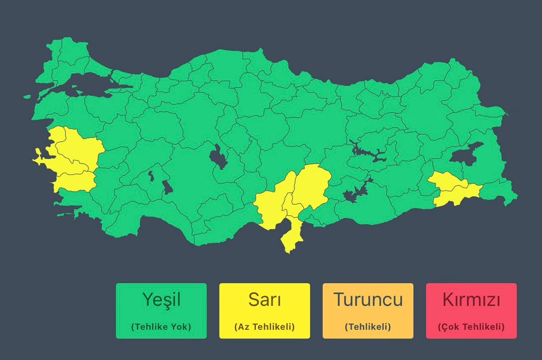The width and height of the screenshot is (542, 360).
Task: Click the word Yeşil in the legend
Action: [x=161, y=300]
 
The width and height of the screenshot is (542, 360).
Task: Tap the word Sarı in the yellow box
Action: [x=264, y=300]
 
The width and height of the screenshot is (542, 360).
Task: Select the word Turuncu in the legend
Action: [x=368, y=300]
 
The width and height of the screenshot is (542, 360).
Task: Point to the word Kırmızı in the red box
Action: [x=471, y=300]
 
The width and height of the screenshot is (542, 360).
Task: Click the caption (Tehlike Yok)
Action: [x=161, y=327]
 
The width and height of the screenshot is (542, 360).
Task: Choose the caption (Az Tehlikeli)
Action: [x=264, y=327]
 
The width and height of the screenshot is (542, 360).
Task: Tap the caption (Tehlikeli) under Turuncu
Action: [x=368, y=327]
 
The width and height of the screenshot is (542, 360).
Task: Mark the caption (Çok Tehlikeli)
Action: [x=471, y=327]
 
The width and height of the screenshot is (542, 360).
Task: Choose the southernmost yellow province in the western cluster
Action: [x=75, y=181]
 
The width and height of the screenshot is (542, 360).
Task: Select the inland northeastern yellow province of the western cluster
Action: [x=80, y=145]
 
